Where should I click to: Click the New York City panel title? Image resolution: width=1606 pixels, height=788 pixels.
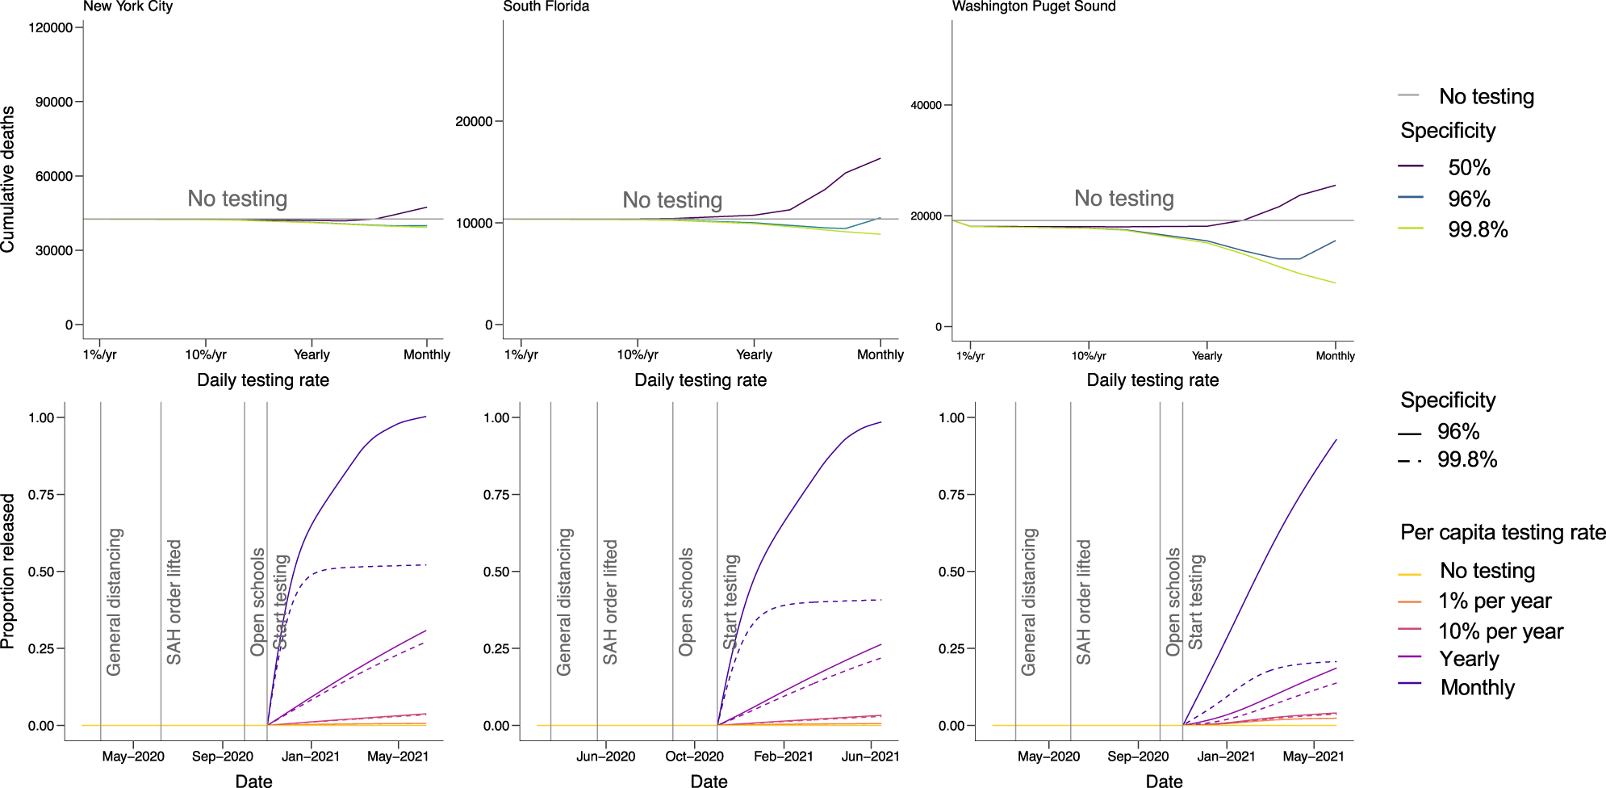point(128,6)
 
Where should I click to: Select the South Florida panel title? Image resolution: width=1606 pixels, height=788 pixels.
point(546,6)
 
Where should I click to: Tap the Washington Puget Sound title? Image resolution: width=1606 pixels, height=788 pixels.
point(1033,6)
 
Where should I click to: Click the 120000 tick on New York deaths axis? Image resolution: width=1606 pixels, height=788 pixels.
point(50,27)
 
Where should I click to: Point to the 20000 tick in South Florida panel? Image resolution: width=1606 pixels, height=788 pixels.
point(474,121)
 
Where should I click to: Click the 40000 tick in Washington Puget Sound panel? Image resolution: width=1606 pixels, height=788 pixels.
point(926,105)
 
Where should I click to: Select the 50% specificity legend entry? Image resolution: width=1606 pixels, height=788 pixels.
point(1468,167)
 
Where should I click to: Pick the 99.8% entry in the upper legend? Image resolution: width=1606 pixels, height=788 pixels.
point(1477,229)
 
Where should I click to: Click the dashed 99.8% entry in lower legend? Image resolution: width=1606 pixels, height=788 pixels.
point(1466,459)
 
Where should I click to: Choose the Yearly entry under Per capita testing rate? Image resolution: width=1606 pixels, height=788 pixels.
point(1469,659)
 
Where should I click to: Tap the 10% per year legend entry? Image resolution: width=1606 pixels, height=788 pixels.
point(1499,631)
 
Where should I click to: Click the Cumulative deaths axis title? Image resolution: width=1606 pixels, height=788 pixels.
point(8,178)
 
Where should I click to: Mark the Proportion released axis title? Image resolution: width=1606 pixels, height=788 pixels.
point(8,571)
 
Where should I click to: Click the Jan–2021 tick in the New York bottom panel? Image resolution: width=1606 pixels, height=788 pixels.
point(311,757)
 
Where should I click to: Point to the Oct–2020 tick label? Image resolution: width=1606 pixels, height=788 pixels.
point(694,757)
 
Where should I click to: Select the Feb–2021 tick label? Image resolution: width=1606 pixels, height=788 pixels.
point(783,757)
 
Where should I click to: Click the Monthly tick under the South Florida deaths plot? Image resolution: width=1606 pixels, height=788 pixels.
point(880,354)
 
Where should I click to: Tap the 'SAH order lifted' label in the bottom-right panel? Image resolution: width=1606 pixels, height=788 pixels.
point(1083,601)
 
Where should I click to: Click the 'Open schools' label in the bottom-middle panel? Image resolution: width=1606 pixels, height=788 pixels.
point(686,601)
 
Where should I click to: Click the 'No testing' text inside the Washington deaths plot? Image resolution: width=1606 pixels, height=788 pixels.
point(1123,198)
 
